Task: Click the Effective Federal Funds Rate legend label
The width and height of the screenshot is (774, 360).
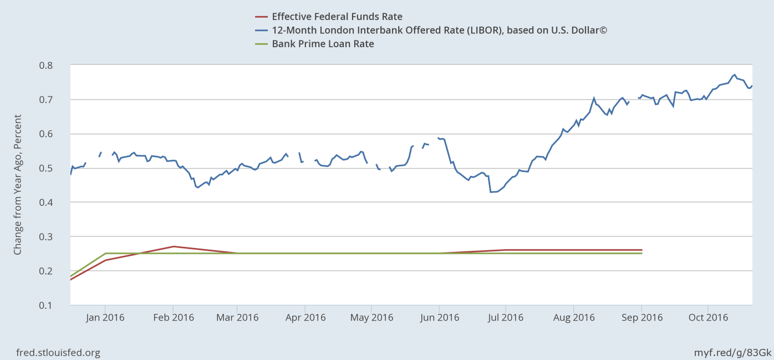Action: (x=337, y=17)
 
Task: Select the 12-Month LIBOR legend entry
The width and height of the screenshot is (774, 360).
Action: (x=439, y=30)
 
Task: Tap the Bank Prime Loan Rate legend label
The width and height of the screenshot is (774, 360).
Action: (x=323, y=44)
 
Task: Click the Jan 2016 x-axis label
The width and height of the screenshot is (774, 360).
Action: (x=105, y=318)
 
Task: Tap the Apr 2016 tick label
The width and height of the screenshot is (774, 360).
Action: (x=305, y=318)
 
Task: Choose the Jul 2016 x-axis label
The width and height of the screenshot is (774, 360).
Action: (x=506, y=318)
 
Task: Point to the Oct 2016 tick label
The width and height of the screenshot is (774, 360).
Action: (x=707, y=318)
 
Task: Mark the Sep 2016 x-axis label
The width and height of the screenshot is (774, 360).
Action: (x=641, y=318)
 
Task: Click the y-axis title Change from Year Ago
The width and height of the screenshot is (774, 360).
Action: (x=18, y=185)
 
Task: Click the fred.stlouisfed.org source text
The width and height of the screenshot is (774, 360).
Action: (x=58, y=353)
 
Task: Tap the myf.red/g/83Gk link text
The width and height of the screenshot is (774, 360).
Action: (x=732, y=353)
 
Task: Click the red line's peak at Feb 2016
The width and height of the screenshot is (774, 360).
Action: (x=174, y=246)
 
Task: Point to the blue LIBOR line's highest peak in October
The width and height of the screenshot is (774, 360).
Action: (x=735, y=74)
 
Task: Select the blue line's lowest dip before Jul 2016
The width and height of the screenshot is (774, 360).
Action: (x=491, y=192)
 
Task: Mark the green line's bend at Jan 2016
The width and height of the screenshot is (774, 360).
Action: (x=105, y=253)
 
